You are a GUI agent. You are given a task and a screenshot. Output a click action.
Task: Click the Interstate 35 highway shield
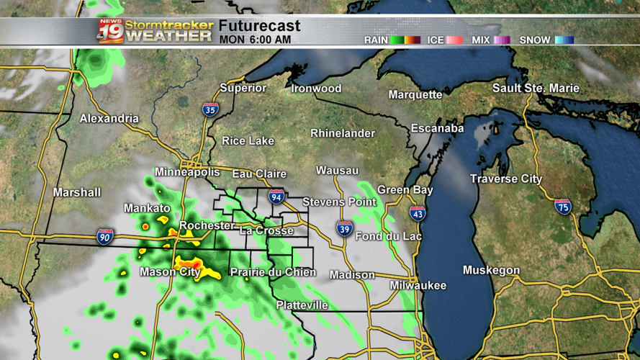[210, 109]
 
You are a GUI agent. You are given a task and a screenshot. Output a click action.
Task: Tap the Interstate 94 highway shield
[276, 197]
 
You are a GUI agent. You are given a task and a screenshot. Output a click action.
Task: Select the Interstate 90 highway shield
[104, 236]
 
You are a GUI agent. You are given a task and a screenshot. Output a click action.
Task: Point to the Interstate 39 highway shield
[344, 230]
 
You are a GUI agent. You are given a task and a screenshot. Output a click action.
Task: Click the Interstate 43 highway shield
[417, 213]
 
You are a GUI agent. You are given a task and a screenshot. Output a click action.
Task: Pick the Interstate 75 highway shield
[563, 207]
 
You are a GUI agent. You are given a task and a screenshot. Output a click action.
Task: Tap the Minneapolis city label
[187, 173]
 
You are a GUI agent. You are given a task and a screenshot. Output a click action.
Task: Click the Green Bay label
[405, 190]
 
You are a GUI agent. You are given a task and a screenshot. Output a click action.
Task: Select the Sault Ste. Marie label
[536, 89]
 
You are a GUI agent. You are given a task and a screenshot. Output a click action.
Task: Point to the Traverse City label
[506, 179]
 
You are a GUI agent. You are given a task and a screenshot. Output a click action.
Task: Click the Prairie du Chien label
[273, 272]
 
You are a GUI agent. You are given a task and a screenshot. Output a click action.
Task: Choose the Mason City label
[170, 272]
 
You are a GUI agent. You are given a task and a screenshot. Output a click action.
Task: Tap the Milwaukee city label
[418, 286]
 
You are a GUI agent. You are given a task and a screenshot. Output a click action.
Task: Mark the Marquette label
[415, 95]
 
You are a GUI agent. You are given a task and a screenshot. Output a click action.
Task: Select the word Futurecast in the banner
[259, 27]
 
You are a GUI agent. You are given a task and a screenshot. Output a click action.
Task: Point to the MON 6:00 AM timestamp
[255, 40]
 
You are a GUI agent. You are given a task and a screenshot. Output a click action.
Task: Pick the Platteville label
[302, 305]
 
